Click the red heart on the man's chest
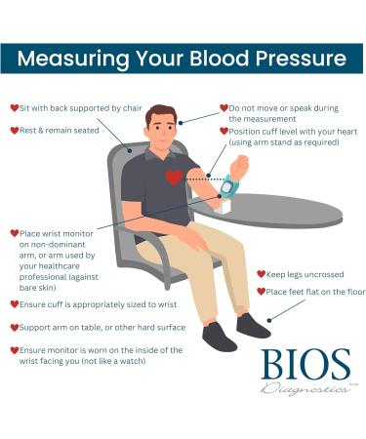(x=174, y=177)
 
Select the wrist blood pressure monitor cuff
(x=230, y=184)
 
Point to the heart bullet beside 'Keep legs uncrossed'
(x=261, y=275)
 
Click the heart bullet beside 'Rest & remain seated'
(x=14, y=130)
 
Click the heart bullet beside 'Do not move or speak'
(x=222, y=108)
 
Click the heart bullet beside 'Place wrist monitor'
(x=14, y=233)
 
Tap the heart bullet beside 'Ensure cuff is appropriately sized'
(x=14, y=304)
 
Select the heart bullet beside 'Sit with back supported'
(x=14, y=108)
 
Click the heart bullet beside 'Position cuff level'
(x=222, y=131)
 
